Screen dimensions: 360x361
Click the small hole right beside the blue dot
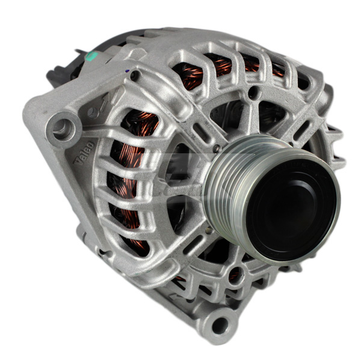coord(135,75)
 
